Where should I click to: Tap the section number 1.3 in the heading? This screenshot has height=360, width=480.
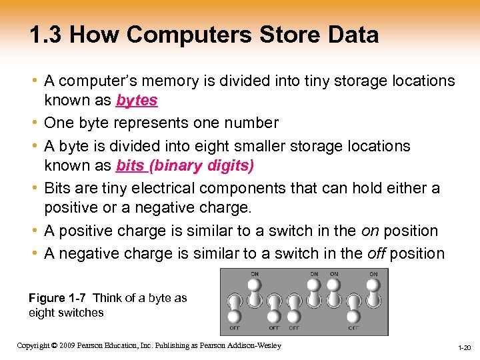[46, 35]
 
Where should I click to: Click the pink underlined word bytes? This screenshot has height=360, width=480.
[137, 101]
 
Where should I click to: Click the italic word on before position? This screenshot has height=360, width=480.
[371, 231]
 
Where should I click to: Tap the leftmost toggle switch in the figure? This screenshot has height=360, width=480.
[234, 305]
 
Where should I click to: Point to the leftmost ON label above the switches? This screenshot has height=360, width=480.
[254, 273]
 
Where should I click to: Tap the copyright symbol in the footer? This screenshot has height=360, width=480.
[55, 345]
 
